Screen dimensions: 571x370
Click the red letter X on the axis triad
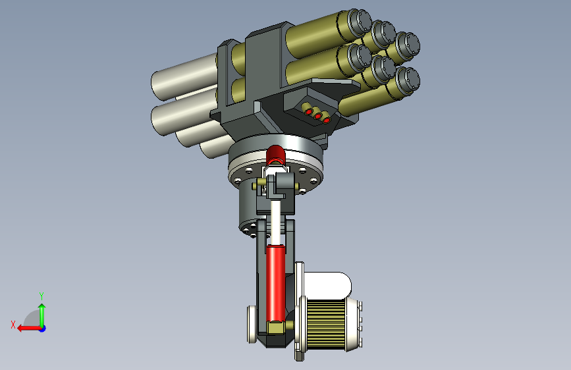coord(13,325)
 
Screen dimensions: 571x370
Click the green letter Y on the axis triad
coord(41,296)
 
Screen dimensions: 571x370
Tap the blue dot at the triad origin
coord(43,329)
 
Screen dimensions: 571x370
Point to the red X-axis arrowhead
coord(21,329)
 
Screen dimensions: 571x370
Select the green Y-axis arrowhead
coord(42,307)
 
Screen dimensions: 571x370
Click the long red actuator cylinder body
coord(276,283)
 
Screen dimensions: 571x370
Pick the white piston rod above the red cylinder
coord(276,222)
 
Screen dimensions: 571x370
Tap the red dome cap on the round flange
coord(276,155)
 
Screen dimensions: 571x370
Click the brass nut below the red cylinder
coord(276,327)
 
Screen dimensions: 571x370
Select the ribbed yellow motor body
coord(326,324)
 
